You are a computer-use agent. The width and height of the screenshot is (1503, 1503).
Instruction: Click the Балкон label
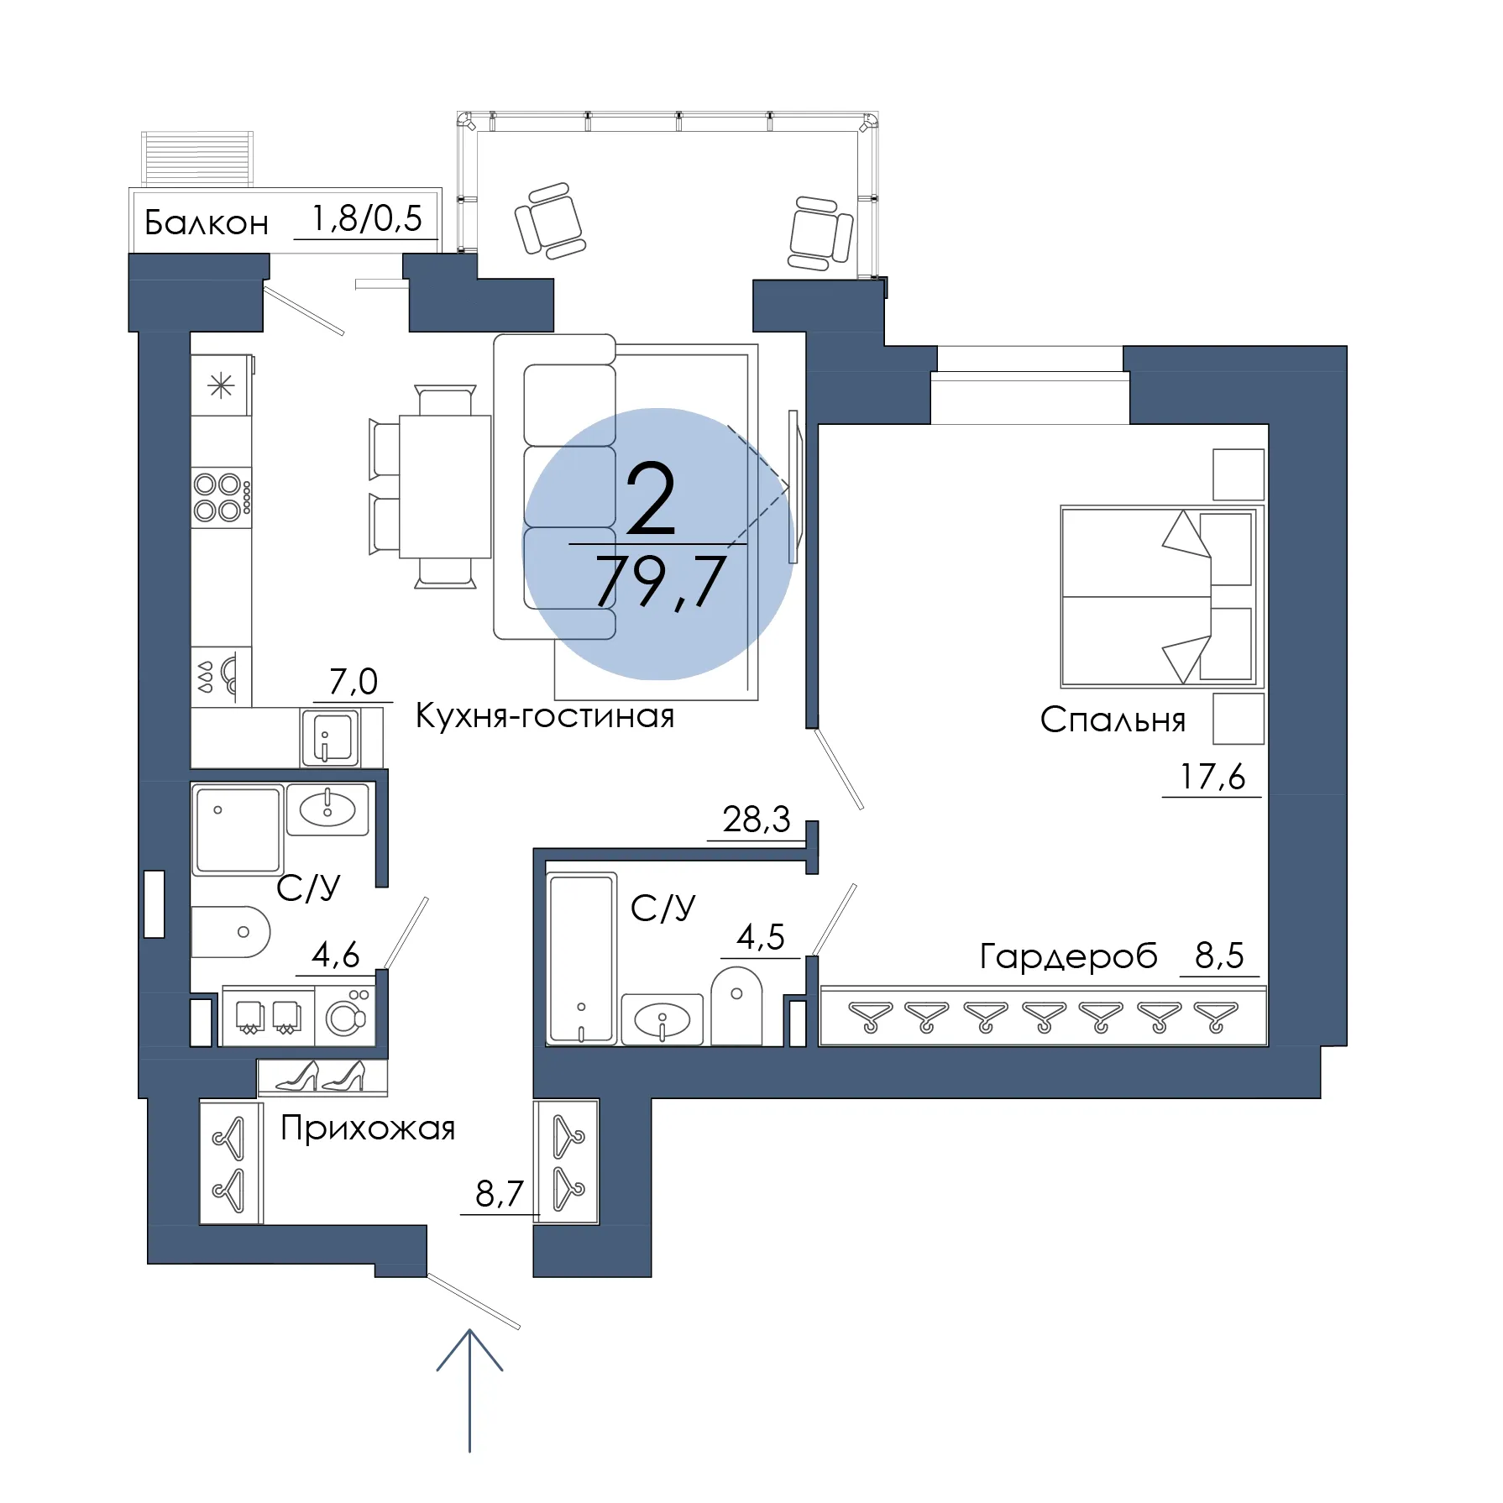coord(207,223)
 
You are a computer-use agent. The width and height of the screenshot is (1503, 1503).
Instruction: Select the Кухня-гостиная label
coord(545,716)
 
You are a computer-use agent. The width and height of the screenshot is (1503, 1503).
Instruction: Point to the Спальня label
coord(1113,720)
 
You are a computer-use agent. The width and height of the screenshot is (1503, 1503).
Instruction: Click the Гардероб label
coord(1068,956)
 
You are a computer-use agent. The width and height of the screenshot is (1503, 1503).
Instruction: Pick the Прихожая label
coord(368,1129)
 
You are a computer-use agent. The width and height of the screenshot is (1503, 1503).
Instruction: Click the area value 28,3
coord(757,820)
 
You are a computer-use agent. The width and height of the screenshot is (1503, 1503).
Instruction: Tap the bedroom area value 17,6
coord(1212,778)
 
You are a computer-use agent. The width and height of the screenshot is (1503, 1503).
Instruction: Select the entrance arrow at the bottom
coord(469,1390)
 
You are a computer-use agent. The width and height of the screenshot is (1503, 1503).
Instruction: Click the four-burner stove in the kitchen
coord(222,497)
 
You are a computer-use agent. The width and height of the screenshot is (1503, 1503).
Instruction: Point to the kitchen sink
coord(330,737)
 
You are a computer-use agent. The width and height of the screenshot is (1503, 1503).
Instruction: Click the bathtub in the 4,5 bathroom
coord(581,958)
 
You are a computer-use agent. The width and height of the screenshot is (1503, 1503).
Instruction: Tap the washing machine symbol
coord(345,1016)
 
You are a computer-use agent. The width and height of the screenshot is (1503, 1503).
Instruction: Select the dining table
coord(445,486)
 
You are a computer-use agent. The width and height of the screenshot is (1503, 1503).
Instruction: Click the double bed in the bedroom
coord(1159,597)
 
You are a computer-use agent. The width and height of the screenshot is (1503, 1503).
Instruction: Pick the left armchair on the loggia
coord(549,221)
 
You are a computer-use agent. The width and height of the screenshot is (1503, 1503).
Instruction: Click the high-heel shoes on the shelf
coord(322,1076)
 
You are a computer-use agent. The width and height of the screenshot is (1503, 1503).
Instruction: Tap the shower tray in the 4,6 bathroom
coord(238,830)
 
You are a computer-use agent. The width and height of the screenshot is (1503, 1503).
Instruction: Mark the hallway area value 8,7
coord(500,1194)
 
